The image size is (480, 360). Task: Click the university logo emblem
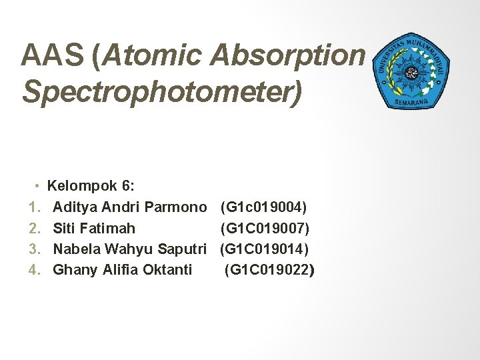pyautogui.click(x=412, y=69)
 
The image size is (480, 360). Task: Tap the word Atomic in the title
pyautogui.click(x=153, y=57)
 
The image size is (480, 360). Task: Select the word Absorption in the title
pyautogui.click(x=289, y=57)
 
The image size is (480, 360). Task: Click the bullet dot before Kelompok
pyautogui.click(x=39, y=185)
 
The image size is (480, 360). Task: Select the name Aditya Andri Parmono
pyautogui.click(x=129, y=207)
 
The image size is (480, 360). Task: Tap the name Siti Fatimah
pyautogui.click(x=94, y=228)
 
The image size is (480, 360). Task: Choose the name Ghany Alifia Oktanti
pyautogui.click(x=122, y=269)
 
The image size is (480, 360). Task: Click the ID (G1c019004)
pyautogui.click(x=263, y=207)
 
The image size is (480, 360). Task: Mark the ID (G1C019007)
pyautogui.click(x=265, y=228)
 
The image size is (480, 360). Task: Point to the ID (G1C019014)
pyautogui.click(x=264, y=249)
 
